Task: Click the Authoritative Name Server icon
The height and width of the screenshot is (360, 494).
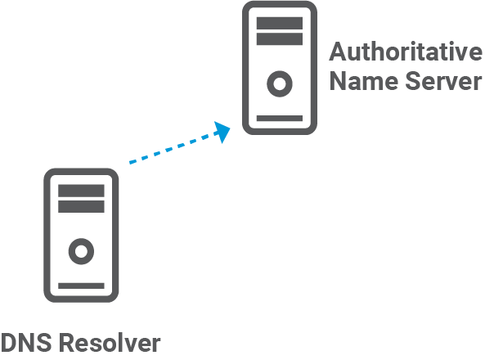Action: (x=280, y=67)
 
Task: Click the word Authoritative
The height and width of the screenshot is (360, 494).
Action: (x=406, y=52)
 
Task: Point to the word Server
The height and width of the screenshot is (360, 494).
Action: (x=442, y=82)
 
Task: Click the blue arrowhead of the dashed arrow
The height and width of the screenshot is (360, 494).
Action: (x=222, y=130)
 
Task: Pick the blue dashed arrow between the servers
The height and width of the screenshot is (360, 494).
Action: (x=176, y=146)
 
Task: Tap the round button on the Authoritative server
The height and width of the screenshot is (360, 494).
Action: (x=280, y=83)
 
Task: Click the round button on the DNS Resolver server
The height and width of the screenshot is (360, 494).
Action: (x=81, y=250)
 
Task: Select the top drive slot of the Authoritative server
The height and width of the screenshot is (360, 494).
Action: (x=280, y=21)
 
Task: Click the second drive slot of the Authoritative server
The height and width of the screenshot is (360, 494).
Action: (x=280, y=38)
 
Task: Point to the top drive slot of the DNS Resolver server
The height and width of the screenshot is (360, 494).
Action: (x=81, y=191)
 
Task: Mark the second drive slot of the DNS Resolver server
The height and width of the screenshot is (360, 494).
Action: (x=81, y=207)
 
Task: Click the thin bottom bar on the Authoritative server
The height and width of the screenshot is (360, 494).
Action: (x=280, y=119)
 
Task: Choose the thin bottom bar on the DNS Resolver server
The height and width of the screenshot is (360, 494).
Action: (x=81, y=286)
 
